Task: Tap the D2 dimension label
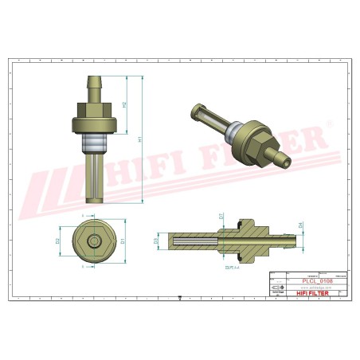point(58,240)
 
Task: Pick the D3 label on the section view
point(156,240)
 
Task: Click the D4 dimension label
point(300,225)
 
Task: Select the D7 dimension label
point(221,215)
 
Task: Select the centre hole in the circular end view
point(95,240)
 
